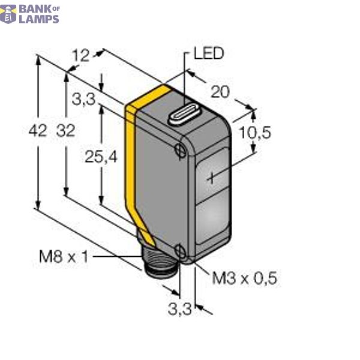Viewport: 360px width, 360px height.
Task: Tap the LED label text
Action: (208, 54)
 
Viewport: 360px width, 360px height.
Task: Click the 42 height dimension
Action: (38, 131)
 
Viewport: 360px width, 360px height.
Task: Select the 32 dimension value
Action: (65, 131)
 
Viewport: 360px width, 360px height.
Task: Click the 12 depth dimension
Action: (80, 56)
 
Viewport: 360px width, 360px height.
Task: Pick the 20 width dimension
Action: (221, 91)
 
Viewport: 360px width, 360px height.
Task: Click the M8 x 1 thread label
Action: (64, 257)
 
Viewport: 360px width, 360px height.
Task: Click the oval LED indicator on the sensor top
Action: (185, 115)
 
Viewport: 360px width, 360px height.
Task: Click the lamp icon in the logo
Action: (8, 13)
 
